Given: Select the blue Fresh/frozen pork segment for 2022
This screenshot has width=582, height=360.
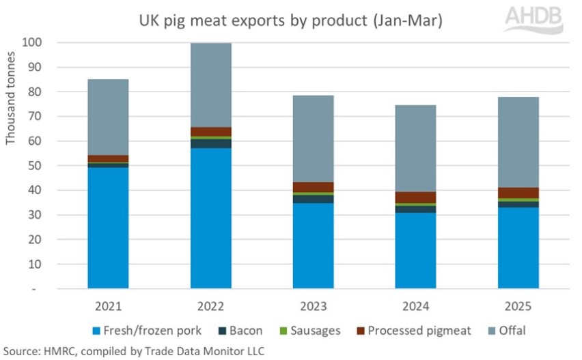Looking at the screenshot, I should (x=210, y=219).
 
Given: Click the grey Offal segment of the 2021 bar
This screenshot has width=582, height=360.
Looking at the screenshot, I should (x=108, y=117).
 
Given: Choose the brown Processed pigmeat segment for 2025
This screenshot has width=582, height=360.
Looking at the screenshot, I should (x=518, y=193).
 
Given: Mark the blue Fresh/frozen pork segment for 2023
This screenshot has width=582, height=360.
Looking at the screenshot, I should (x=313, y=246).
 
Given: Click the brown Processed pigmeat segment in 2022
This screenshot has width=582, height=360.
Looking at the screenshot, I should (x=210, y=131).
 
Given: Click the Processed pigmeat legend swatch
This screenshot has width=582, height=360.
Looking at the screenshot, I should (x=359, y=331).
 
